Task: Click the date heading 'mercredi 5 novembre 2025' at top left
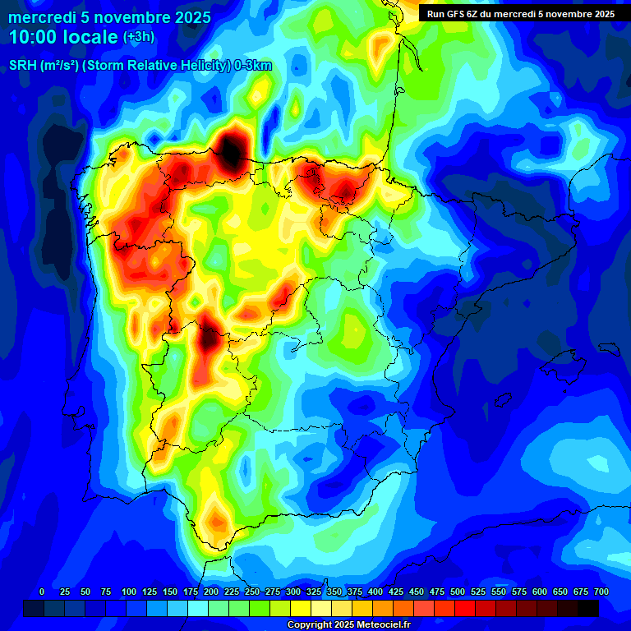click(110, 16)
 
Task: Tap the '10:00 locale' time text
click(64, 37)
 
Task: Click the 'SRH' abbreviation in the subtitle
click(22, 66)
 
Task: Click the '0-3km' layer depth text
click(253, 66)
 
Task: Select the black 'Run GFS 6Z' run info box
click(518, 13)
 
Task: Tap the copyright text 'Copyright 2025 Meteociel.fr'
click(349, 625)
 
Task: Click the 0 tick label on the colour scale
click(42, 592)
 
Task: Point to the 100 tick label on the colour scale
click(128, 592)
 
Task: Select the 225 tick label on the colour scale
click(231, 592)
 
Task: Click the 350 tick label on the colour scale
click(334, 592)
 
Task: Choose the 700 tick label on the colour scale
click(601, 592)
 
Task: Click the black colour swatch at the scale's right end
click(588, 608)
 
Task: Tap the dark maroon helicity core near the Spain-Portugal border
click(209, 336)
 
